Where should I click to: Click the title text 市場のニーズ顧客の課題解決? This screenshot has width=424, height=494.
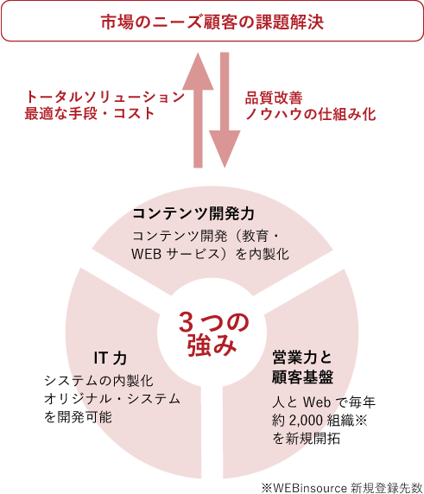tap(212, 22)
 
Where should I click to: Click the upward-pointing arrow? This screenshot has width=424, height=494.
tap(198, 110)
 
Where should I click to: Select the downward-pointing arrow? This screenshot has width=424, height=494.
tap(225, 110)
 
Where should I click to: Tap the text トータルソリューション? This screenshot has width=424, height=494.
tap(104, 97)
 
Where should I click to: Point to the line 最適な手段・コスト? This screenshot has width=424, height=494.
tap(89, 114)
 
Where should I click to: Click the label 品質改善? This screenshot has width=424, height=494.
tap(274, 98)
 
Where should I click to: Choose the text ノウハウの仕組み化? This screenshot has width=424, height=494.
tap(310, 114)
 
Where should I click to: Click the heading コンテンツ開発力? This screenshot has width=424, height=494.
tap(193, 213)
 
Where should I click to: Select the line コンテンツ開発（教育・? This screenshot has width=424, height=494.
tap(206, 236)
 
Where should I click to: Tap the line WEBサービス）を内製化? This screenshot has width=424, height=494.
tap(211, 254)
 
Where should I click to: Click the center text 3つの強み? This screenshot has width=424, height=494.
tap(213, 334)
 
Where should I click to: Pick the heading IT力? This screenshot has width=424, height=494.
tap(111, 358)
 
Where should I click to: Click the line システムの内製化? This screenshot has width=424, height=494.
tap(98, 381)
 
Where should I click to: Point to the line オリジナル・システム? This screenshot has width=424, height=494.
tap(112, 399)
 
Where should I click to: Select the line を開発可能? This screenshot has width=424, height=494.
tap(78, 417)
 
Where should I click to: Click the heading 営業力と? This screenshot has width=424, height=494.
tap(302, 358)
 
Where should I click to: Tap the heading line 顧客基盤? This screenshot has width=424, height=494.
tap(303, 377)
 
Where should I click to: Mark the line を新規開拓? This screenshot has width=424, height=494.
tap(307, 438)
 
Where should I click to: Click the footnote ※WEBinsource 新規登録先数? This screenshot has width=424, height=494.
tap(342, 487)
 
